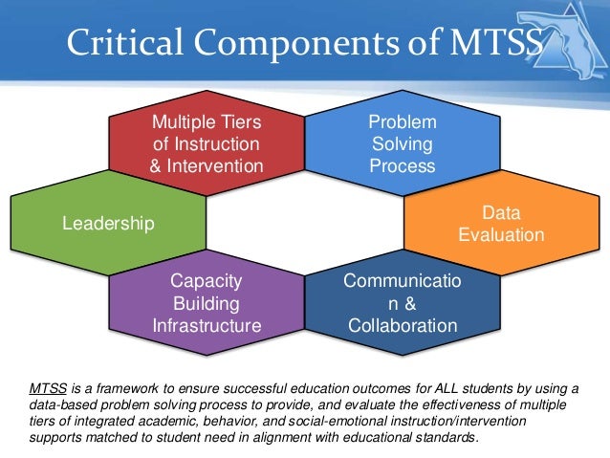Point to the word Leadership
coord(107,224)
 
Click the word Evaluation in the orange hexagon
coord(501,235)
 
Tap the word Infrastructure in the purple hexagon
coord(207,326)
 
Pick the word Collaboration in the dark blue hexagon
coord(402,326)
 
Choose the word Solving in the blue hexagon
coord(402,144)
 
